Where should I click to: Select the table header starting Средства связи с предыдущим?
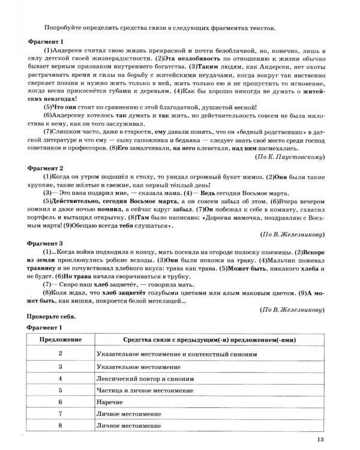tap(210, 340)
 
